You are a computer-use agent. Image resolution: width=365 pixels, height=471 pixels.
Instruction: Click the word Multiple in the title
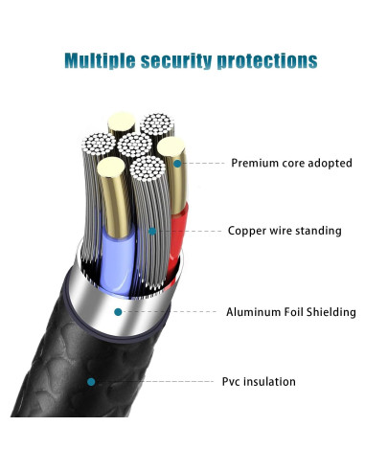[100, 61]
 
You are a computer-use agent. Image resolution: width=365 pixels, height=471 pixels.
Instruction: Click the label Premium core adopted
[291, 163]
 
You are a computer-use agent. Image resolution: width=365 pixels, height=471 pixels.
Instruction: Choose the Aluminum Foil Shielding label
[290, 312]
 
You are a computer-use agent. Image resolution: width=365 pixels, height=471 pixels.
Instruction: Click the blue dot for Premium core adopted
[176, 164]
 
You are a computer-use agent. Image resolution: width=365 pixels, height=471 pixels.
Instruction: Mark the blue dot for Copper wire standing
[151, 231]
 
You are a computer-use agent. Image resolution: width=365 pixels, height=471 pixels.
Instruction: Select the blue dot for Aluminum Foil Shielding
[118, 312]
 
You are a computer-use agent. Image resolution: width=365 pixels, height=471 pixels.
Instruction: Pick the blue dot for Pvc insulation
[91, 381]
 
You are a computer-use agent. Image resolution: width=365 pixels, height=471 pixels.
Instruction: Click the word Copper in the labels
[246, 231]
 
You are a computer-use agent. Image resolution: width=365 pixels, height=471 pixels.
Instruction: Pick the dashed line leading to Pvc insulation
[153, 381]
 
